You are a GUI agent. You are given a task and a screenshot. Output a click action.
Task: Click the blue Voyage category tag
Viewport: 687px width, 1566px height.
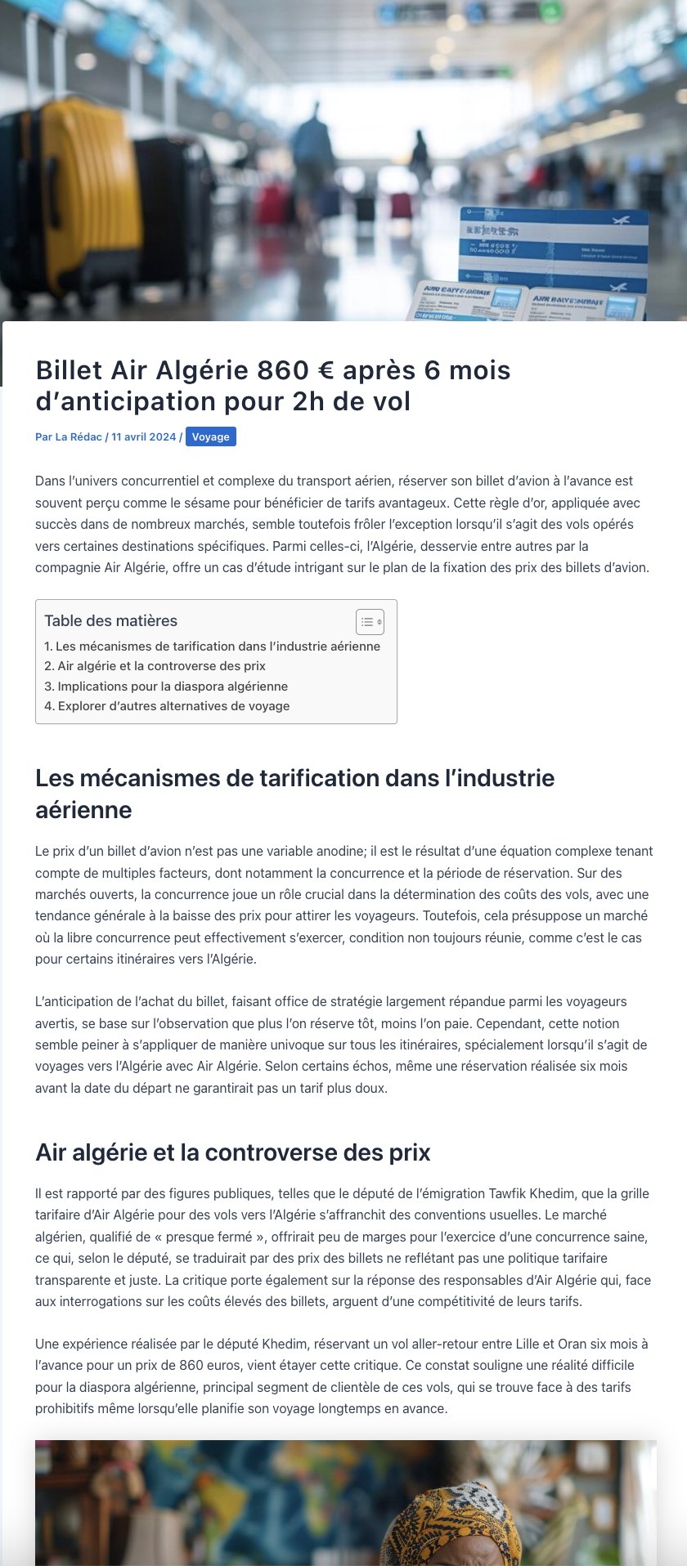pos(211,437)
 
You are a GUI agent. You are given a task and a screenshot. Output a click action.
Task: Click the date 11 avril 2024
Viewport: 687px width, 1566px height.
pos(144,437)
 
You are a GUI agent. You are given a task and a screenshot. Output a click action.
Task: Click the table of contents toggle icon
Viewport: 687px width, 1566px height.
pos(370,622)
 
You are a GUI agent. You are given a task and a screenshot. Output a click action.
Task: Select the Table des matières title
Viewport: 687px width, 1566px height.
pos(110,621)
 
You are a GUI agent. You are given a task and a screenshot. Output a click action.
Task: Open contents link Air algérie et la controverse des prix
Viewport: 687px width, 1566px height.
pos(155,666)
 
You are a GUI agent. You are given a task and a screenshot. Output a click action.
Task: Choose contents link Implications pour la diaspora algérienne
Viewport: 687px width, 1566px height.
pos(166,687)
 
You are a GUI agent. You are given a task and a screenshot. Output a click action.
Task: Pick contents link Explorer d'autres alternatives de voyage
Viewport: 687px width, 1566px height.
pos(167,706)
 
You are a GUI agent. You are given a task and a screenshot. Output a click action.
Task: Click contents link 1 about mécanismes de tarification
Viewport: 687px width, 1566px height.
pos(213,647)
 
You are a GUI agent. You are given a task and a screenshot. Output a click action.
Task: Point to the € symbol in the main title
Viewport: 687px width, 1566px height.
pos(326,370)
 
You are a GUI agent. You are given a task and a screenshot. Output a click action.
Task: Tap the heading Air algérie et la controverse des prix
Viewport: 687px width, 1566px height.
pos(233,1152)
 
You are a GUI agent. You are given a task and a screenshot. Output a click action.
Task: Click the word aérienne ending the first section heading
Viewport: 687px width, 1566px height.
pos(83,810)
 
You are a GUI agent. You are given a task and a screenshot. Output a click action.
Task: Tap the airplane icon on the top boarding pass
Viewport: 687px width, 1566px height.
pos(621,220)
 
